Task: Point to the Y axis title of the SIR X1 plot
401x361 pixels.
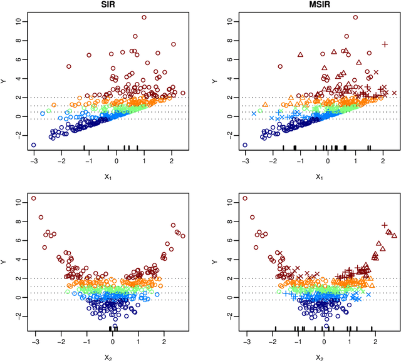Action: (x=6, y=80)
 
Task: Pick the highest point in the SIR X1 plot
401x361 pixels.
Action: (x=144, y=18)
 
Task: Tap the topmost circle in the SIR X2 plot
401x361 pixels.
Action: (x=33, y=198)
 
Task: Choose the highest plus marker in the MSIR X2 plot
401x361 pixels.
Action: (x=385, y=225)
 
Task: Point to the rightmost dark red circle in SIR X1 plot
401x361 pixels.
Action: (x=183, y=93)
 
